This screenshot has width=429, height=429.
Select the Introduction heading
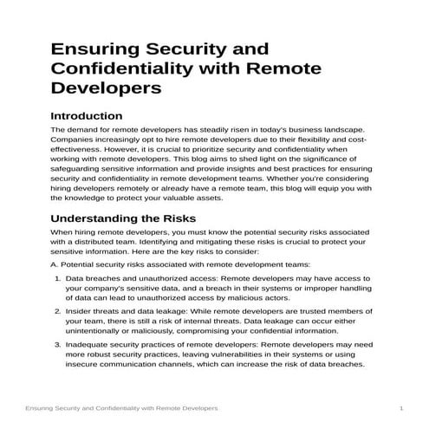click(x=87, y=115)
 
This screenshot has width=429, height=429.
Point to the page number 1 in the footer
click(x=401, y=408)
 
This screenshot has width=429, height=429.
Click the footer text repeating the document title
click(x=120, y=408)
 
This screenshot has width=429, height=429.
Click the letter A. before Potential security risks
click(x=54, y=263)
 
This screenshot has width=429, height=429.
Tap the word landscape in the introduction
click(x=348, y=128)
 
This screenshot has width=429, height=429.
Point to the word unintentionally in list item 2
click(x=98, y=332)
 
